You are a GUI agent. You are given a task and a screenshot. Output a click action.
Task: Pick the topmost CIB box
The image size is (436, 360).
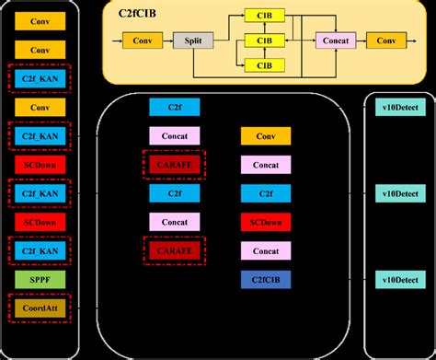(x=264, y=17)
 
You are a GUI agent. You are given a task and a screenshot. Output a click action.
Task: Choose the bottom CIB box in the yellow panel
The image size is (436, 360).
(x=264, y=64)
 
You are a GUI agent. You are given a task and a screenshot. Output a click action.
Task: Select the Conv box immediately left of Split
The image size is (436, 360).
(x=143, y=41)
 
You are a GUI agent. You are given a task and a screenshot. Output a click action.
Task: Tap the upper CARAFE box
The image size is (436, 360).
(x=174, y=164)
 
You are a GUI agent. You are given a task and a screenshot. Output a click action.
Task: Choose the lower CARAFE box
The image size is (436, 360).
(x=174, y=250)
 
